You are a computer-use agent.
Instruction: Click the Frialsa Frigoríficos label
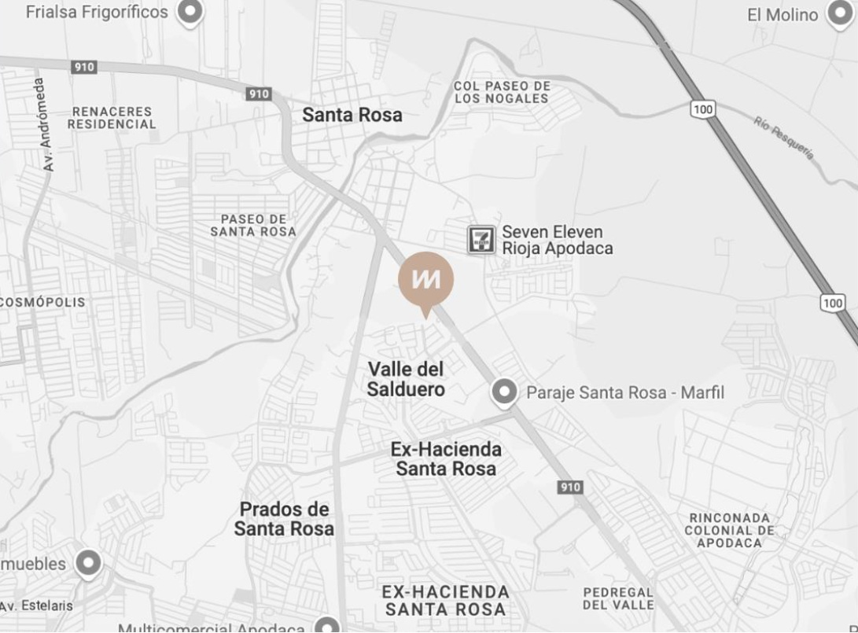tap(97, 12)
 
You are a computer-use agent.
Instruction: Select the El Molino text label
tap(783, 15)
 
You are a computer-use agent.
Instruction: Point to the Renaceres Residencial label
tap(112, 118)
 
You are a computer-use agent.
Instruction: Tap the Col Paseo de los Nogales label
tap(502, 92)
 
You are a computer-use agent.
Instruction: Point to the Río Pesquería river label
tap(783, 137)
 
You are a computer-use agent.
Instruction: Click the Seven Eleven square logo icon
tap(481, 239)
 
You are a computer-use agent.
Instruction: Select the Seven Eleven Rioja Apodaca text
tap(557, 240)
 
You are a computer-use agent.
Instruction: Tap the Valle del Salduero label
tap(406, 379)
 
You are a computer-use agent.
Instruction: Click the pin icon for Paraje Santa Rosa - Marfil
tap(503, 392)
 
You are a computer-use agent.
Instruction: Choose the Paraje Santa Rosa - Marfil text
tap(624, 392)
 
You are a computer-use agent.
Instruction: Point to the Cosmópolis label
tap(43, 302)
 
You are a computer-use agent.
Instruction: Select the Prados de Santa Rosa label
tap(284, 519)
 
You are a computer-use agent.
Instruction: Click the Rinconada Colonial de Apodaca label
tap(728, 530)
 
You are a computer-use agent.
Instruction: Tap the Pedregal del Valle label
tap(618, 598)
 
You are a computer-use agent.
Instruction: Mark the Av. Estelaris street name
tap(37, 605)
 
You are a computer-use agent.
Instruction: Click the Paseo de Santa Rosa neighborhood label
tap(253, 225)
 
